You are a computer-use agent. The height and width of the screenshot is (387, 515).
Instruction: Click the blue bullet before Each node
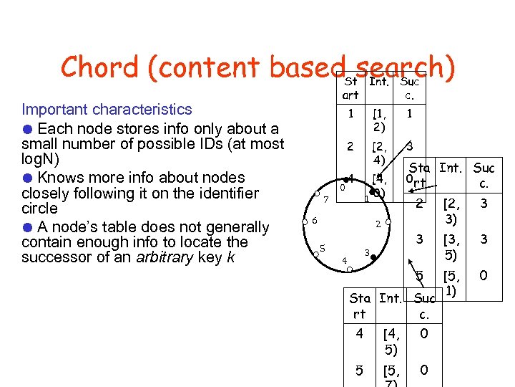(x=26, y=129)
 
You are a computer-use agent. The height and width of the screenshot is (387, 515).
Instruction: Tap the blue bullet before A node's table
(x=26, y=227)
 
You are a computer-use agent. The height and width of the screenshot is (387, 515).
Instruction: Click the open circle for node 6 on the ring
(x=305, y=222)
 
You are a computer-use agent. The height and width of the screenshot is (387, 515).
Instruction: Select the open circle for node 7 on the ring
(x=317, y=193)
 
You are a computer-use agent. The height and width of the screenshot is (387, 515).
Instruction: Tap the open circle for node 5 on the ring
(x=315, y=253)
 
